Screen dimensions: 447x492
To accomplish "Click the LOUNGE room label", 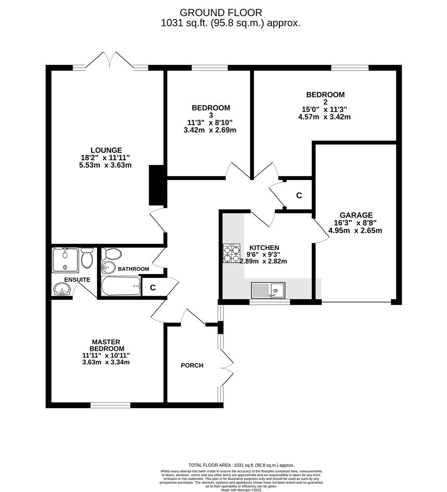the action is tap(106, 150).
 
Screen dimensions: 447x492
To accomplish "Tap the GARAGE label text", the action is tap(356, 215).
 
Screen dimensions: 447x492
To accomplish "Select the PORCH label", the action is tap(192, 365).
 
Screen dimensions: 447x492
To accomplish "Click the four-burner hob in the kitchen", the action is tap(231, 254).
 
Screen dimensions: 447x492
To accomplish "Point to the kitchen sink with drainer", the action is tap(268, 290).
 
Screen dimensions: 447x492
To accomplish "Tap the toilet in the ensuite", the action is tap(87, 257).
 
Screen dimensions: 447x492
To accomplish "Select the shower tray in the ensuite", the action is tap(65, 260).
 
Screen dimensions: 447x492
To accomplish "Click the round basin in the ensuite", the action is tap(62, 289).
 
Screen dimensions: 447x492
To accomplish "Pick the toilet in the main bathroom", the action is tap(112, 254).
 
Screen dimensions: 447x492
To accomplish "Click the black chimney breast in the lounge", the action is tap(156, 185).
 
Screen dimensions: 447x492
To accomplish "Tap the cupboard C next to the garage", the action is tap(299, 195).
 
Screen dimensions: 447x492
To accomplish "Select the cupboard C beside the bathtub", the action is tap(153, 287).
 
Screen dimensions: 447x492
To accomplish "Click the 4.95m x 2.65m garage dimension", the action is tap(355, 231).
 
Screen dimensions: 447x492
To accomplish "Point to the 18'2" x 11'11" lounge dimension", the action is tap(105, 158).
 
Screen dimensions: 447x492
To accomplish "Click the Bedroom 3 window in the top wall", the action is tap(210, 67).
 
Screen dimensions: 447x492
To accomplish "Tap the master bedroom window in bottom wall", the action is tap(110, 405).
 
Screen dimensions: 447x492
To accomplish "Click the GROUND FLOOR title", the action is tap(221, 13).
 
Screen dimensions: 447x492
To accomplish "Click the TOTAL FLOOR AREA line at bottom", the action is tap(241, 465).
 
